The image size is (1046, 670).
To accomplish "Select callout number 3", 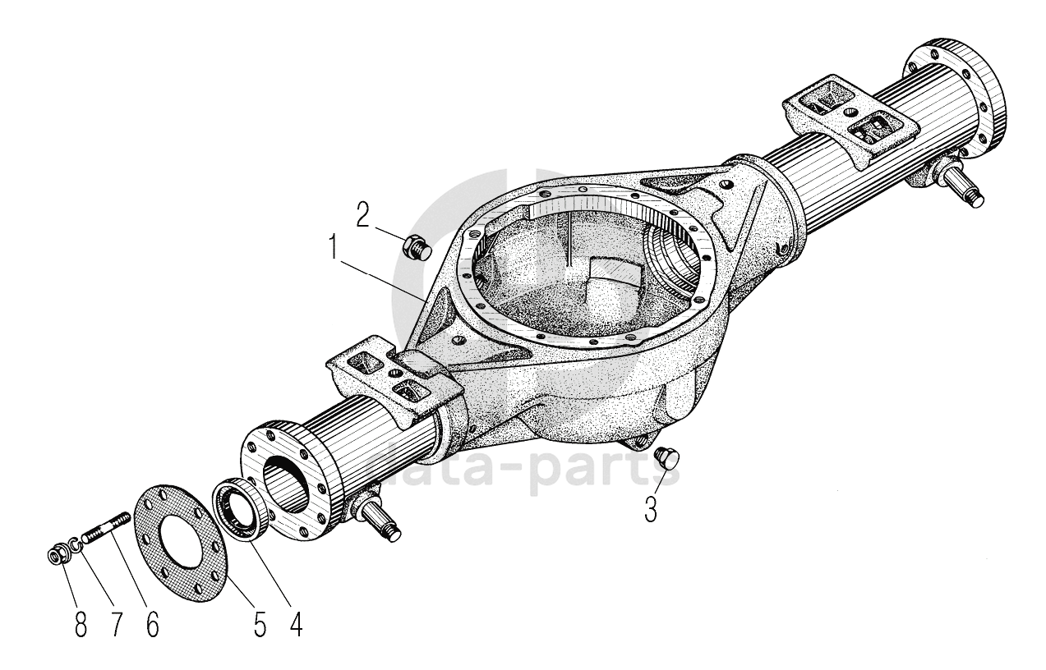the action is (650, 509).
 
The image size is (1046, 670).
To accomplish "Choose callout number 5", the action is (260, 624).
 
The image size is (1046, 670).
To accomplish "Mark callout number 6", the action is (152, 624).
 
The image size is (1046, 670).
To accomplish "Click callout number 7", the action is (116, 624).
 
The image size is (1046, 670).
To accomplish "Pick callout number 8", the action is (80, 624).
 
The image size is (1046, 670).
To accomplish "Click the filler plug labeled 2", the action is (415, 245).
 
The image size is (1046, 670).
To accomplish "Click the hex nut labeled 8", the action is (58, 556).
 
